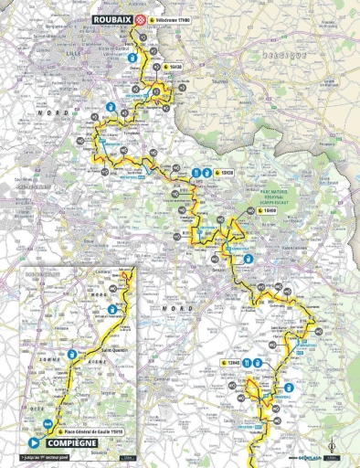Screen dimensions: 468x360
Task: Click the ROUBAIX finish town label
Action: (111, 17)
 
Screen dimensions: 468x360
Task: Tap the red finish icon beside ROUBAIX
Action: (138, 17)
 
